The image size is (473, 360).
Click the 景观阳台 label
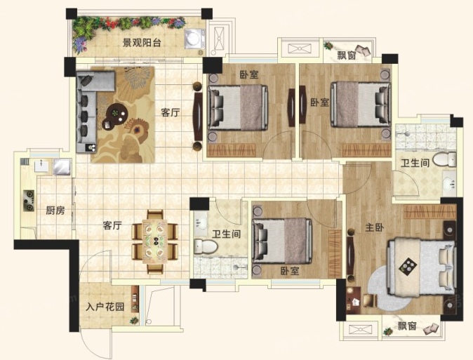[x=141, y=43]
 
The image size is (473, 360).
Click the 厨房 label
[x=55, y=211]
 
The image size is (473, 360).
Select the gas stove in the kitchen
[x=29, y=201]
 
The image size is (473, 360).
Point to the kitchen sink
[x=41, y=166]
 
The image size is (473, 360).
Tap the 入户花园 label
[x=105, y=307]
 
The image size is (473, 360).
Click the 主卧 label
[x=374, y=227]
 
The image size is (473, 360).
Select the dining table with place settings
[x=155, y=241]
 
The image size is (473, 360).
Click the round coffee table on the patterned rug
[x=117, y=113]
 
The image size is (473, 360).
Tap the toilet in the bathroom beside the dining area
[x=206, y=246]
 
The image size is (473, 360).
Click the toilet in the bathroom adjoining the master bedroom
[x=444, y=159]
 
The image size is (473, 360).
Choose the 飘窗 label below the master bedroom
[x=406, y=326]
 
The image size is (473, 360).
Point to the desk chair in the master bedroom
[x=370, y=300]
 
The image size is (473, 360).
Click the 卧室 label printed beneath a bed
[x=290, y=271]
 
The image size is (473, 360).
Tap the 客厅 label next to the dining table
[x=112, y=225]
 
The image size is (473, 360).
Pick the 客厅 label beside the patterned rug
[x=170, y=113]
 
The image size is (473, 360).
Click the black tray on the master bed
[x=408, y=265]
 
